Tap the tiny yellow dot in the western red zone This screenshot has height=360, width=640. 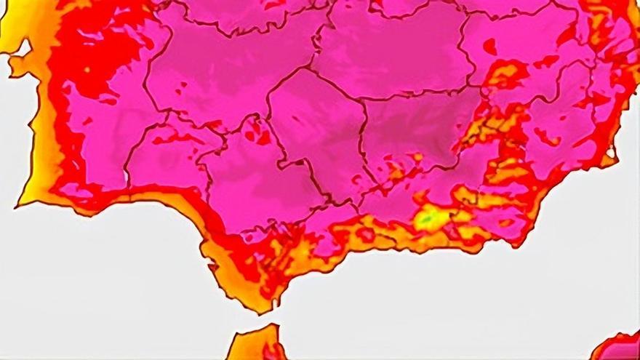click(87, 70)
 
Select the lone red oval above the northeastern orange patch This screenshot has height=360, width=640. click(491, 48)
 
